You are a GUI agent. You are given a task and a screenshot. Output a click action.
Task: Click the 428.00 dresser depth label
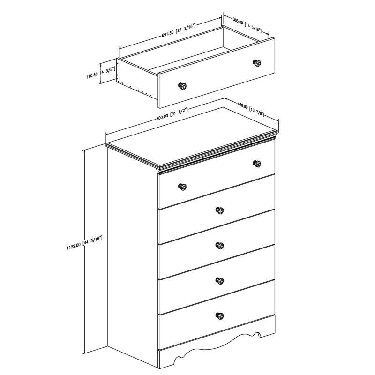(251, 109)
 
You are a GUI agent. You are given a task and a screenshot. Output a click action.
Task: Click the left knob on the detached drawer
(182, 86)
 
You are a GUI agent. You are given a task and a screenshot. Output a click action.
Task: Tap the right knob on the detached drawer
(257, 63)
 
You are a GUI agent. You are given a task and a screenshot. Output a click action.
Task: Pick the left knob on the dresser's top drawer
(182, 187)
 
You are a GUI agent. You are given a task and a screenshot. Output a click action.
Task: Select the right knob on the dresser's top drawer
(257, 164)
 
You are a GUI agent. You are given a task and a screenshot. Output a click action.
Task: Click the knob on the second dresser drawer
(219, 210)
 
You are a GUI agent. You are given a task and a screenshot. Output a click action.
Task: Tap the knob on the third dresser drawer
(219, 246)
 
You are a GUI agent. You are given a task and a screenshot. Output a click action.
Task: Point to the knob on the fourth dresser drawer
(219, 281)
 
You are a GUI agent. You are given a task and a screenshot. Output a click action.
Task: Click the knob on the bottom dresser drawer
(219, 315)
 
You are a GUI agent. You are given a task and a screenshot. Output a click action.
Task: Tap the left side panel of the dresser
(133, 261)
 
